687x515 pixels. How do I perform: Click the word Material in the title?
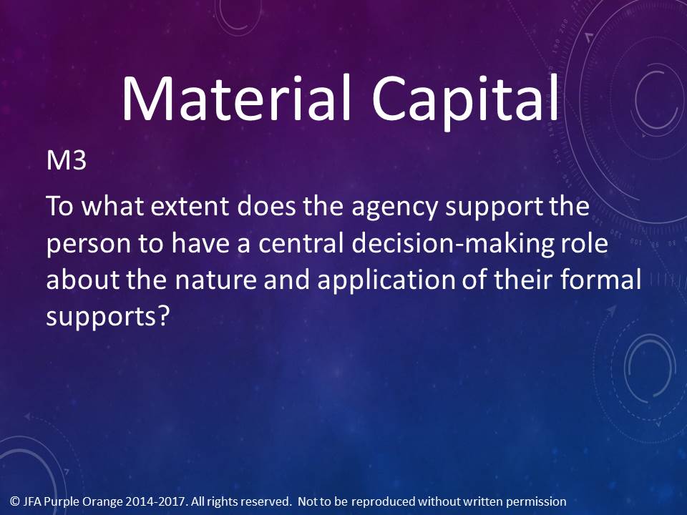(x=236, y=98)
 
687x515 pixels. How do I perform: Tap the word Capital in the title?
(x=465, y=102)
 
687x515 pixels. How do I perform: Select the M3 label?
(x=66, y=161)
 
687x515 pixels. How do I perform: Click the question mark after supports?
(x=162, y=315)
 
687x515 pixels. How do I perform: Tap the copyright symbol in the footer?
(x=15, y=501)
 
